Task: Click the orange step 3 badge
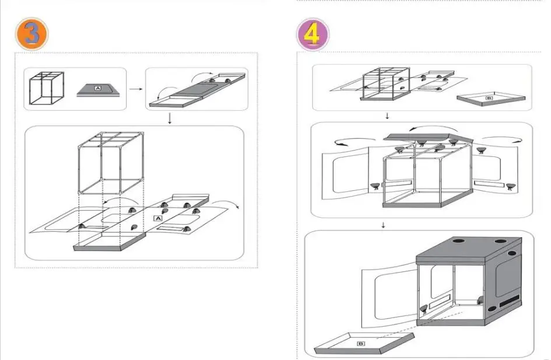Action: pyautogui.click(x=31, y=34)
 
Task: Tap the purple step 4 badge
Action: pyautogui.click(x=313, y=34)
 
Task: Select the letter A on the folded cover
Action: pyautogui.click(x=98, y=88)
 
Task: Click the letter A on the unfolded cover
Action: pyautogui.click(x=158, y=219)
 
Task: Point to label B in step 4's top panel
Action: pyautogui.click(x=489, y=98)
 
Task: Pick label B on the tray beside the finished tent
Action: pyautogui.click(x=361, y=344)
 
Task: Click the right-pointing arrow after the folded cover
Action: pyautogui.click(x=136, y=89)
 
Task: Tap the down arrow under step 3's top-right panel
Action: pyautogui.click(x=170, y=118)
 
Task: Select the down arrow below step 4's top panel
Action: pyautogui.click(x=387, y=116)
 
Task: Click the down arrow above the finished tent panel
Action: pyautogui.click(x=384, y=225)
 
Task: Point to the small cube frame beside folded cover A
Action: pyautogui.click(x=47, y=88)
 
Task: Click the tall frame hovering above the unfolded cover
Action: pyautogui.click(x=111, y=163)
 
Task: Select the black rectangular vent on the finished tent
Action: pyautogui.click(x=510, y=300)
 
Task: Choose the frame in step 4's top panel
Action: pyautogui.click(x=386, y=83)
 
